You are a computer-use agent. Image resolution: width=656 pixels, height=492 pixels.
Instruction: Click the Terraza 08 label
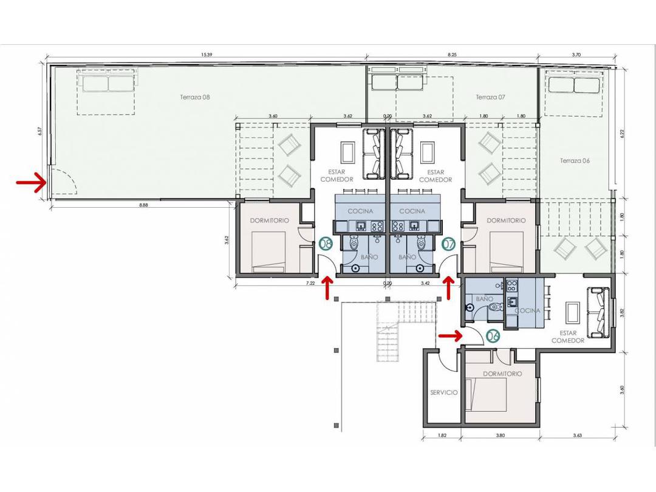point(195,97)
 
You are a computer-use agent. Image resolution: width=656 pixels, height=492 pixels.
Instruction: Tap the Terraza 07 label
point(490,97)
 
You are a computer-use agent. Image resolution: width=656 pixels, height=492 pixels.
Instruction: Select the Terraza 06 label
point(575,161)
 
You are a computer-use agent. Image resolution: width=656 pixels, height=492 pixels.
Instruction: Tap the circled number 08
point(326,244)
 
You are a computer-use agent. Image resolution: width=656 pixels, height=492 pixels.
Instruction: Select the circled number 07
point(449,244)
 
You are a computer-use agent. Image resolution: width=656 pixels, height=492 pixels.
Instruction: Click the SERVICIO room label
point(443,392)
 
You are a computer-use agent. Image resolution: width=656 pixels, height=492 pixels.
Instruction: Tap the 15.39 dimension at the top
point(207,55)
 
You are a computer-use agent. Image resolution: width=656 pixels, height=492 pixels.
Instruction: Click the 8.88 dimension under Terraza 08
point(143,206)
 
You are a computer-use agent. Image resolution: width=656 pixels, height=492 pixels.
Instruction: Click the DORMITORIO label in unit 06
point(502,374)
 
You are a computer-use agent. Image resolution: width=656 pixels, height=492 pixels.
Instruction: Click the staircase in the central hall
point(389,334)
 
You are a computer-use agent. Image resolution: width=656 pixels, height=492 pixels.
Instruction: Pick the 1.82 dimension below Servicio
point(442,435)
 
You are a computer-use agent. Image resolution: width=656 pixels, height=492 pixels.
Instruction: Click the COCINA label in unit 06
point(527,310)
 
